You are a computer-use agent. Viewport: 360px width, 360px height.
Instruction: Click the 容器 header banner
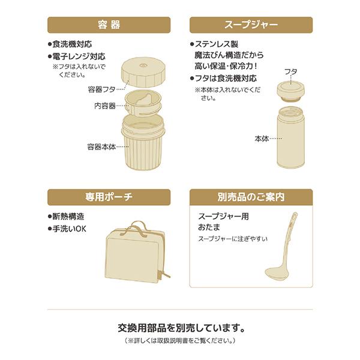point(109,25)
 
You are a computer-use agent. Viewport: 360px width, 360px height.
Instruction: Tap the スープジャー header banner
point(251,25)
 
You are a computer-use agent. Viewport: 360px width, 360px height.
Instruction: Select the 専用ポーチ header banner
point(109,197)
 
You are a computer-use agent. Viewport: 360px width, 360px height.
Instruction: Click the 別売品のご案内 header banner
point(251,197)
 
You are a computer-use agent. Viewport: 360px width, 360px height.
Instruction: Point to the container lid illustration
point(142,73)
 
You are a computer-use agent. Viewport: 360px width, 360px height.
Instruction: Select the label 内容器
point(104,106)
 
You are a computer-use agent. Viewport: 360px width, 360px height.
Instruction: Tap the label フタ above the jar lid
point(290,71)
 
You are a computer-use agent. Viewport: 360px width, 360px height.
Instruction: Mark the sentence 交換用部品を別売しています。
point(180,328)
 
